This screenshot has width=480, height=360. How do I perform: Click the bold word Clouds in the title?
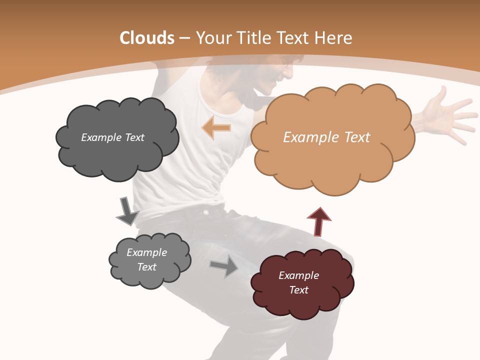click(147, 38)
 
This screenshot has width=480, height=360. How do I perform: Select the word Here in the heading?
click(333, 38)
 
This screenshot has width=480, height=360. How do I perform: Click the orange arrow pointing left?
click(216, 128)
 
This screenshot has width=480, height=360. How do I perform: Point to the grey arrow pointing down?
click(127, 211)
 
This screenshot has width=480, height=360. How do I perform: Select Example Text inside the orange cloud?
click(326, 137)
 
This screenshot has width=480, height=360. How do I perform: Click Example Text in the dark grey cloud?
click(112, 137)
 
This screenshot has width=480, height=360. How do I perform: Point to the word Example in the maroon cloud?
click(298, 275)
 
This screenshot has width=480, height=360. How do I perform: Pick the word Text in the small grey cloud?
click(147, 267)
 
